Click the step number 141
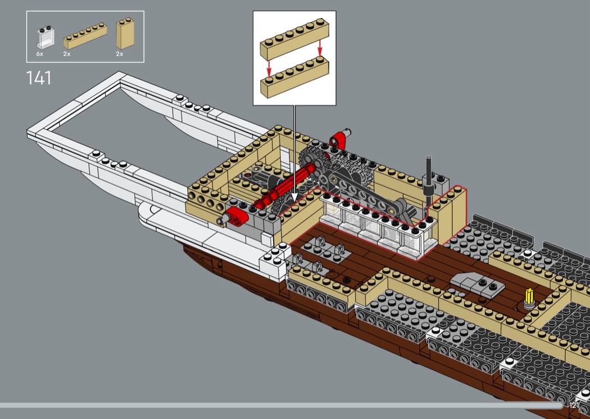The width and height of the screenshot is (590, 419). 38,78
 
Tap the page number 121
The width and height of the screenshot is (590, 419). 574,405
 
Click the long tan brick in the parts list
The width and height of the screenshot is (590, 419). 85,37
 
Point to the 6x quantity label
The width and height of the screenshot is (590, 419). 39,54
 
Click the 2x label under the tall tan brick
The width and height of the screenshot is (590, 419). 119,54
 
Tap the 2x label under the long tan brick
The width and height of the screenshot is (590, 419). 67,54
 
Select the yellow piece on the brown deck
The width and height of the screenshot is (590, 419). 528,296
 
